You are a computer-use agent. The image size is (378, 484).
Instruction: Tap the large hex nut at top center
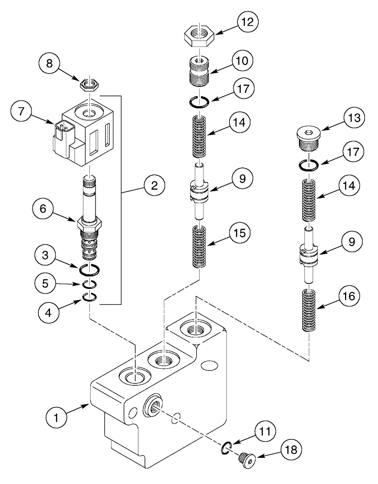pos(199,37)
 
